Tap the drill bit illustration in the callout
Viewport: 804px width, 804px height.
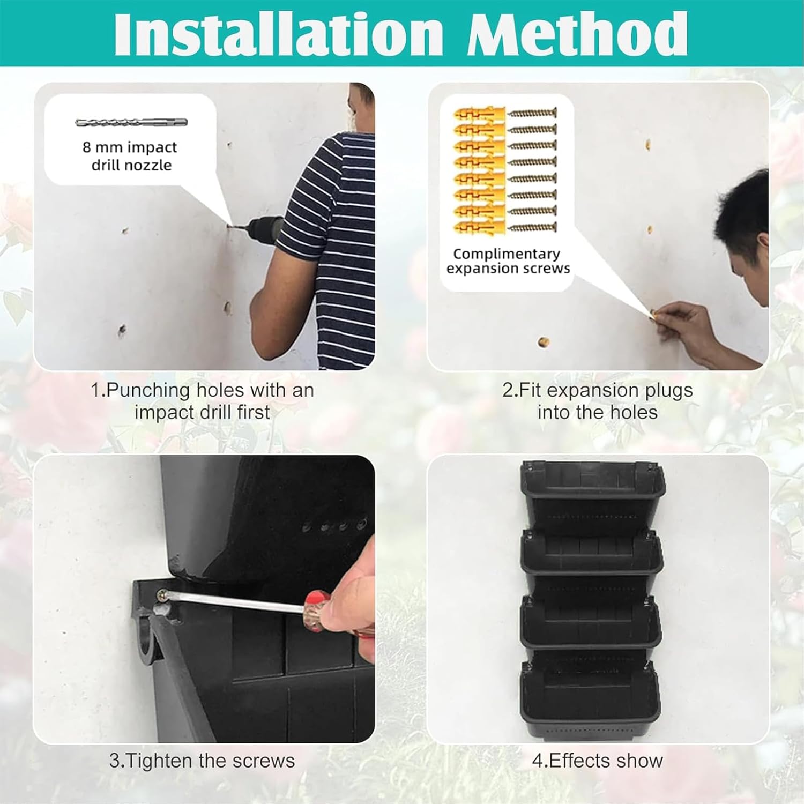131,123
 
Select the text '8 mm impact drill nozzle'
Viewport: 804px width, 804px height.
130,156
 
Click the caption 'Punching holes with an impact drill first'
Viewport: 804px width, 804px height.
202,401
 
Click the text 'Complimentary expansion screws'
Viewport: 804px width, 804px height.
508,261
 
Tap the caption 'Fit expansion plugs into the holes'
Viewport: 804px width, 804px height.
597,401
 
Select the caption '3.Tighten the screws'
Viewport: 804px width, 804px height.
202,761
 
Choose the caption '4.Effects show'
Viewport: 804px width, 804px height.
597,761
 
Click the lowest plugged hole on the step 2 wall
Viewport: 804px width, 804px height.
543,342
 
